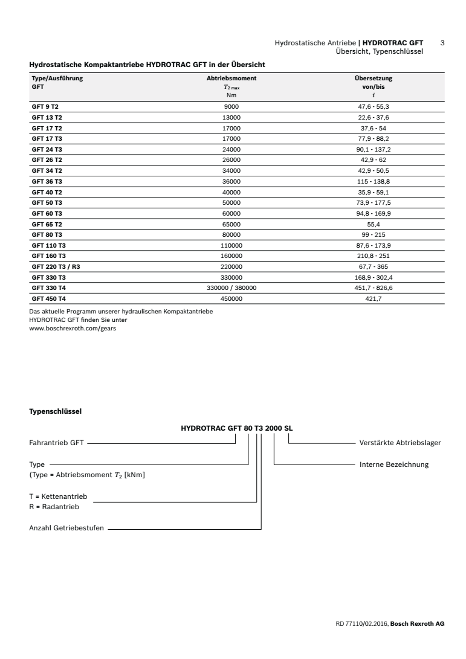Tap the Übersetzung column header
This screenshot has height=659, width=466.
373,79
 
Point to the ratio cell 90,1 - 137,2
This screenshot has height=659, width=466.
374,149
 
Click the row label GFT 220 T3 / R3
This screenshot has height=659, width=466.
56,266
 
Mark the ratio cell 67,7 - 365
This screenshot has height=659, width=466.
374,266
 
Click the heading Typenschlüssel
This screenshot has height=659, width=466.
56,412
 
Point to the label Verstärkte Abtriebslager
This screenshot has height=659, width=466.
400,443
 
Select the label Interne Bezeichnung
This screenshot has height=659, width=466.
393,465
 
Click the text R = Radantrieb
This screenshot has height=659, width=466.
54,506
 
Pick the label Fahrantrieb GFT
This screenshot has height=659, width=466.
56,443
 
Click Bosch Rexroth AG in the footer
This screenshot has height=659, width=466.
417,623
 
